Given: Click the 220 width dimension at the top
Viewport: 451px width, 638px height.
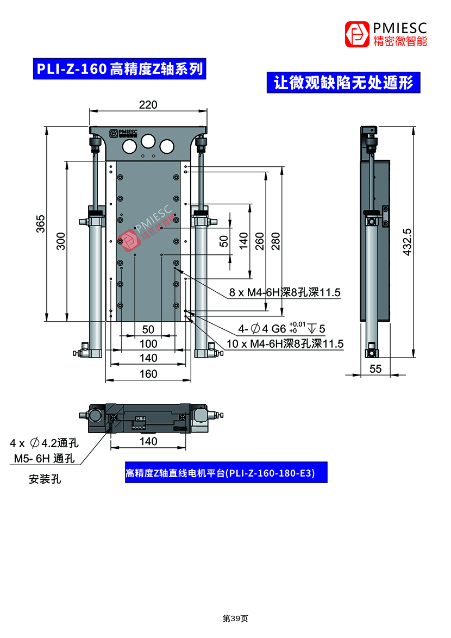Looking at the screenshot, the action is [148, 104].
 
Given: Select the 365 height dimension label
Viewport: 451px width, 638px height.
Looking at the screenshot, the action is [41, 224].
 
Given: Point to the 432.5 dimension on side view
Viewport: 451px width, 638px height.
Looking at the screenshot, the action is [407, 242].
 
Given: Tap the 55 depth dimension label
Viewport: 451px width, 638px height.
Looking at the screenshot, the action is [375, 368].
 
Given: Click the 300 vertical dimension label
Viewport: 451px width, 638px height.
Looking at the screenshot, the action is [61, 241].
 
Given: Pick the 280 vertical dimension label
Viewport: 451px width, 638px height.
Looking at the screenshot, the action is [275, 241].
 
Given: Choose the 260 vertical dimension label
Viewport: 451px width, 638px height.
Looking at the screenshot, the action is [259, 241].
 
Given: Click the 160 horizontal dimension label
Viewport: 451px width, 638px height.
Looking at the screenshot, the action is [148, 373].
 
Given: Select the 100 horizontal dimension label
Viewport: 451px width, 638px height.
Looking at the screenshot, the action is [148, 344].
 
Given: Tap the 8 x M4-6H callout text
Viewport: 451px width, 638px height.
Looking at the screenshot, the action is [285, 292].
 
